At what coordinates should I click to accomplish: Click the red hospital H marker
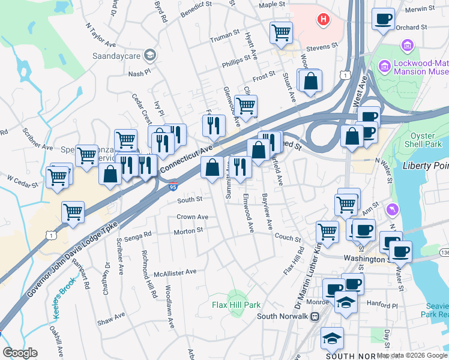(324, 20)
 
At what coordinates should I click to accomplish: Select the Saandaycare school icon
(150, 55)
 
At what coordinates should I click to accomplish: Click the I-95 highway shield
(173, 187)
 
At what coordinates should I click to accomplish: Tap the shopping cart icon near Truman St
(280, 32)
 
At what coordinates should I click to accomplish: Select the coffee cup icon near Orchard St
(382, 19)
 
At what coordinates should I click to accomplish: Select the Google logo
(20, 353)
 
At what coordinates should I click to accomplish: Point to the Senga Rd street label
(139, 236)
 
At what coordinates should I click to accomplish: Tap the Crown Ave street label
(192, 217)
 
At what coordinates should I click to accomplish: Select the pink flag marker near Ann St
(392, 209)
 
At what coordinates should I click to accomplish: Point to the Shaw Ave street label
(110, 315)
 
